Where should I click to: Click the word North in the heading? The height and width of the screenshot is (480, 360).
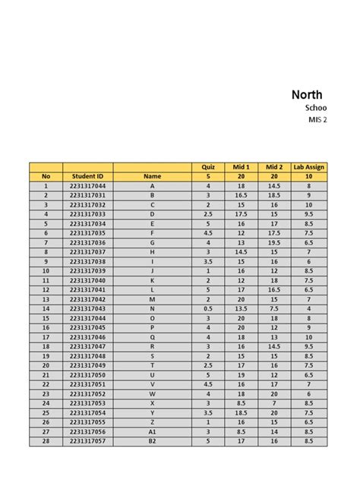[x=307, y=95]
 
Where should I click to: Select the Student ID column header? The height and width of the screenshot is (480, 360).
[x=87, y=176]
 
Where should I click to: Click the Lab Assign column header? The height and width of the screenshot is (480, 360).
[x=308, y=166]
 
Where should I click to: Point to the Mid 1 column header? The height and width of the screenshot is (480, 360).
[x=241, y=166]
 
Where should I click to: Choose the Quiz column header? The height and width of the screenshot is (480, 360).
[x=207, y=166]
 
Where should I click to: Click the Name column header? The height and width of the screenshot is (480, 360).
[x=152, y=176]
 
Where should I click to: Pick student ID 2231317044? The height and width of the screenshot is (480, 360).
[x=87, y=185]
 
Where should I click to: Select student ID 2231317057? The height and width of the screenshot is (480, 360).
[x=87, y=441]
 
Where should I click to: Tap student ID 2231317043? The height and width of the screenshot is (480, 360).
[x=87, y=308]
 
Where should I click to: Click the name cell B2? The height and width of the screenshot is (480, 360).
[x=152, y=441]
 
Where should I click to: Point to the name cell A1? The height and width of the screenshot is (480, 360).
[x=152, y=431]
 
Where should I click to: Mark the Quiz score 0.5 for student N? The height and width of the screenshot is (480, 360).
[x=207, y=308]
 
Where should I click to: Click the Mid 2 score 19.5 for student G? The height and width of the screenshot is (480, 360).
[x=274, y=242]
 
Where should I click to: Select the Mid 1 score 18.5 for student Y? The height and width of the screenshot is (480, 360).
[x=241, y=412]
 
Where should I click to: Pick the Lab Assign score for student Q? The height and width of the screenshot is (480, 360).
[x=308, y=336]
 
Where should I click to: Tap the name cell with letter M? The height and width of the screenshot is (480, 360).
[x=152, y=298]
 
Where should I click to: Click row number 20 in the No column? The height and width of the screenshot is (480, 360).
[x=46, y=365]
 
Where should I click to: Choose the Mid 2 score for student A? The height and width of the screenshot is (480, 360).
[x=274, y=185]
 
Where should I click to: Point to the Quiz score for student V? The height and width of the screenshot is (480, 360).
[x=207, y=384]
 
